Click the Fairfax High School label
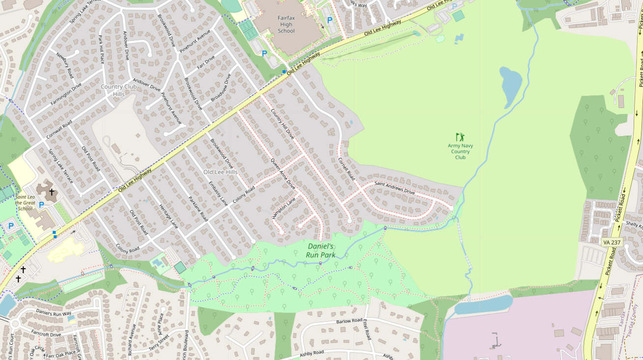point(286,24)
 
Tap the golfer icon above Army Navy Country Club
point(460,137)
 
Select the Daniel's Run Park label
point(321,250)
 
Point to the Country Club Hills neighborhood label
point(118,90)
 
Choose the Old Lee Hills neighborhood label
point(221,172)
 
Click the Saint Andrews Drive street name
point(394,188)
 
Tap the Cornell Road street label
point(346,168)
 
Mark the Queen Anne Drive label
point(283,174)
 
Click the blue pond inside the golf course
point(511,86)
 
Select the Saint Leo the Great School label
point(25,202)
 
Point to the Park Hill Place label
point(102,49)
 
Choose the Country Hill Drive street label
point(282,123)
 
